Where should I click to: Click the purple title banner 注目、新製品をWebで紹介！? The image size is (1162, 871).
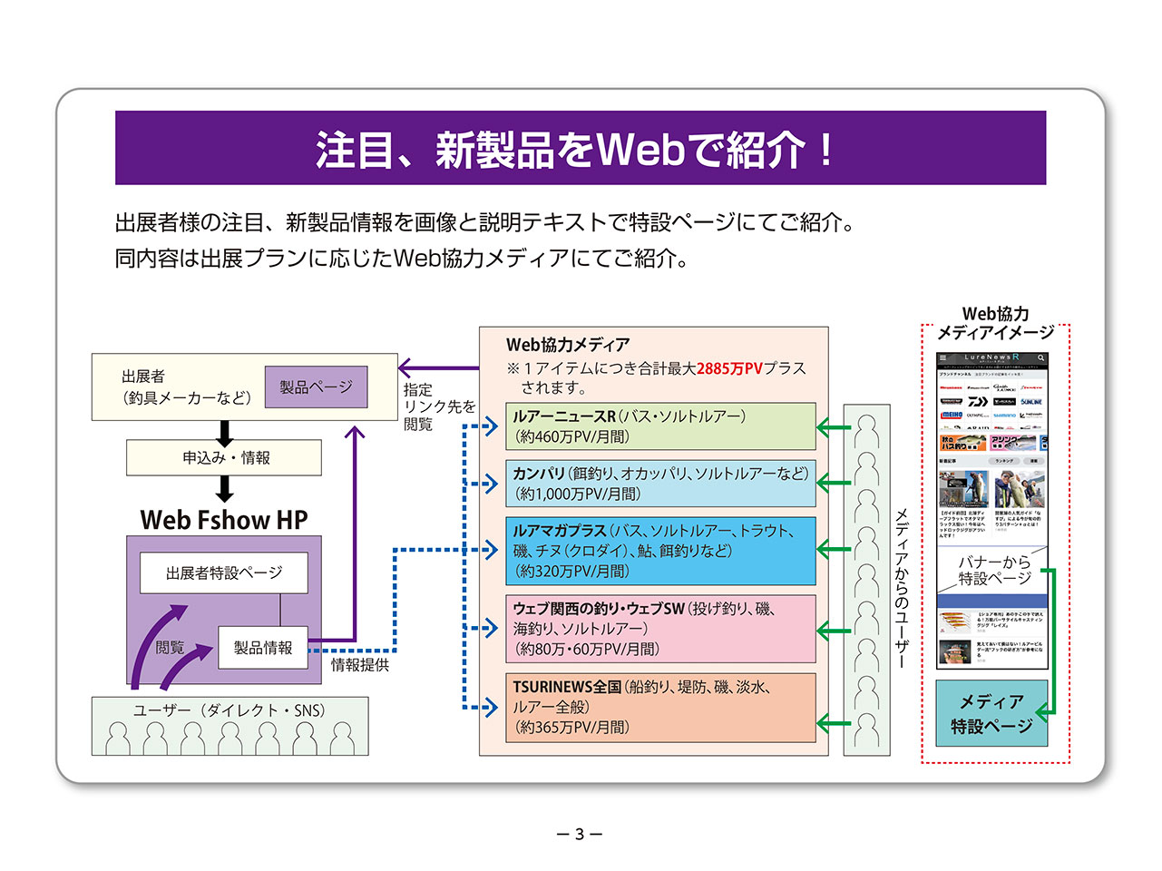(x=581, y=148)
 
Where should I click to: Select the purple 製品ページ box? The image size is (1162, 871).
(x=316, y=387)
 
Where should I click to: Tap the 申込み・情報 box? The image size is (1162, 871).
(x=224, y=458)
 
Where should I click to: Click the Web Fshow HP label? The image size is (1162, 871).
(x=224, y=520)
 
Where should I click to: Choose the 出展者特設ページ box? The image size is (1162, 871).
(x=224, y=573)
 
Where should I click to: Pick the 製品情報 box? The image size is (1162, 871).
(x=263, y=648)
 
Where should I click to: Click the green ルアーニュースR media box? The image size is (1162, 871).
(x=660, y=426)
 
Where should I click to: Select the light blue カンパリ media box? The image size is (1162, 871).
(x=660, y=484)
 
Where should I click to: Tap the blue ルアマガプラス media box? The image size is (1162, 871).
(x=660, y=551)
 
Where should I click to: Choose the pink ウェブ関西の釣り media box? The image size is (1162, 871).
(x=660, y=629)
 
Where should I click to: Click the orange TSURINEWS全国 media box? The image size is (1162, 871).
(x=660, y=707)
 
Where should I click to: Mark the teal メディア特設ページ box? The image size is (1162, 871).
(x=991, y=714)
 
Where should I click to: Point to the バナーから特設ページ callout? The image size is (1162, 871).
(x=994, y=571)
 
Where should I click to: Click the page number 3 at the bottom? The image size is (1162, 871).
(x=580, y=834)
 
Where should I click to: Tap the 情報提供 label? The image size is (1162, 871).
(x=360, y=665)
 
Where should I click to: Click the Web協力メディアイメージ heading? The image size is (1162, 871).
(x=995, y=323)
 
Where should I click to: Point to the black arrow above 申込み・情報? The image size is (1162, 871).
(x=225, y=432)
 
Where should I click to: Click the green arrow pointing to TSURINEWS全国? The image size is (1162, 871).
(x=835, y=723)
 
